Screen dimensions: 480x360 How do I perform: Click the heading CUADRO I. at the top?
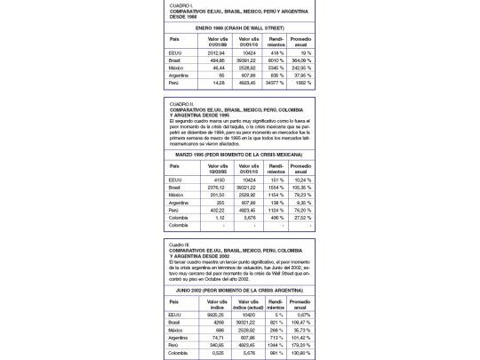tap(182, 4)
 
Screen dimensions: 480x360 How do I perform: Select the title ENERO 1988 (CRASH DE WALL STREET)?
tap(239, 28)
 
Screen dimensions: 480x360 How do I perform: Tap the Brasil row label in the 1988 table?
tap(175, 60)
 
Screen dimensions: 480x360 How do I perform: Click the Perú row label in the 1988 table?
tap(173, 83)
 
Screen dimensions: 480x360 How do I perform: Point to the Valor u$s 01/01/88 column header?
tap(218, 41)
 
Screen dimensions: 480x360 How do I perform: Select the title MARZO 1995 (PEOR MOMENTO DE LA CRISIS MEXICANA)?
tap(239, 155)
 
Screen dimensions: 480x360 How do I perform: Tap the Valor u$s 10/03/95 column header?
tap(218, 168)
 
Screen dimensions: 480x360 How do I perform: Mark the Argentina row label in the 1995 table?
tap(178, 202)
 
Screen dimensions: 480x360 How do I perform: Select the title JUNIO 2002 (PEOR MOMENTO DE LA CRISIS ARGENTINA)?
tap(239, 289)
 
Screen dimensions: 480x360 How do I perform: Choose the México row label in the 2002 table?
tap(176, 329)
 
